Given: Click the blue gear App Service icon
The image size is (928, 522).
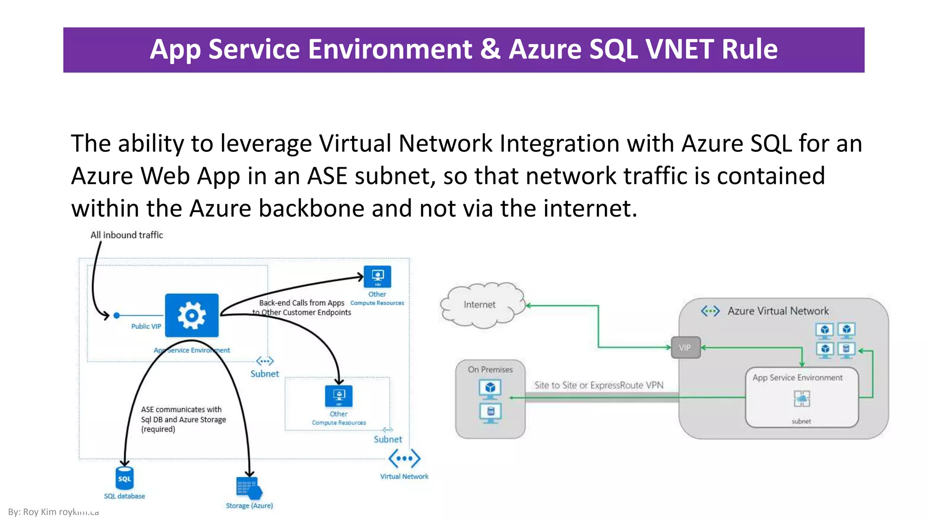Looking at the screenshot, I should coord(191,315).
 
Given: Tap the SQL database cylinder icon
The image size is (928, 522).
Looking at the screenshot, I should coord(125,478).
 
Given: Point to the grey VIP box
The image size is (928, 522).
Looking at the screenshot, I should coord(685,348).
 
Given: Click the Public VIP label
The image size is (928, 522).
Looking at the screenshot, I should coord(146,326).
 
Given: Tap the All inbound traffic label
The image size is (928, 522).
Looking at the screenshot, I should coord(126,235).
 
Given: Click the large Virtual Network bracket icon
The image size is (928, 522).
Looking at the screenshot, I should coord(404,459).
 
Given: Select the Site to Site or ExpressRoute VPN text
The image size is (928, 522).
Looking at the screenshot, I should coord(599,385).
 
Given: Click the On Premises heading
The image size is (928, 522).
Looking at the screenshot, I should coord(490,370).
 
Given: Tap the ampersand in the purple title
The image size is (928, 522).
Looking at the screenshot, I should coord(490,49).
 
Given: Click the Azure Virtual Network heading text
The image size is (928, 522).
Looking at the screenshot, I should coord(778,311).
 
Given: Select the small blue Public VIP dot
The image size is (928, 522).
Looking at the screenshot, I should coord(116,315).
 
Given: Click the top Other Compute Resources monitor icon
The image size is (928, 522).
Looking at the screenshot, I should coord(377,276).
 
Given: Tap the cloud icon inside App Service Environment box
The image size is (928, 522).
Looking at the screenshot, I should coord(802,399).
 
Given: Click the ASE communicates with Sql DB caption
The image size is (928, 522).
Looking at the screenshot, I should coord(183,419).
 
